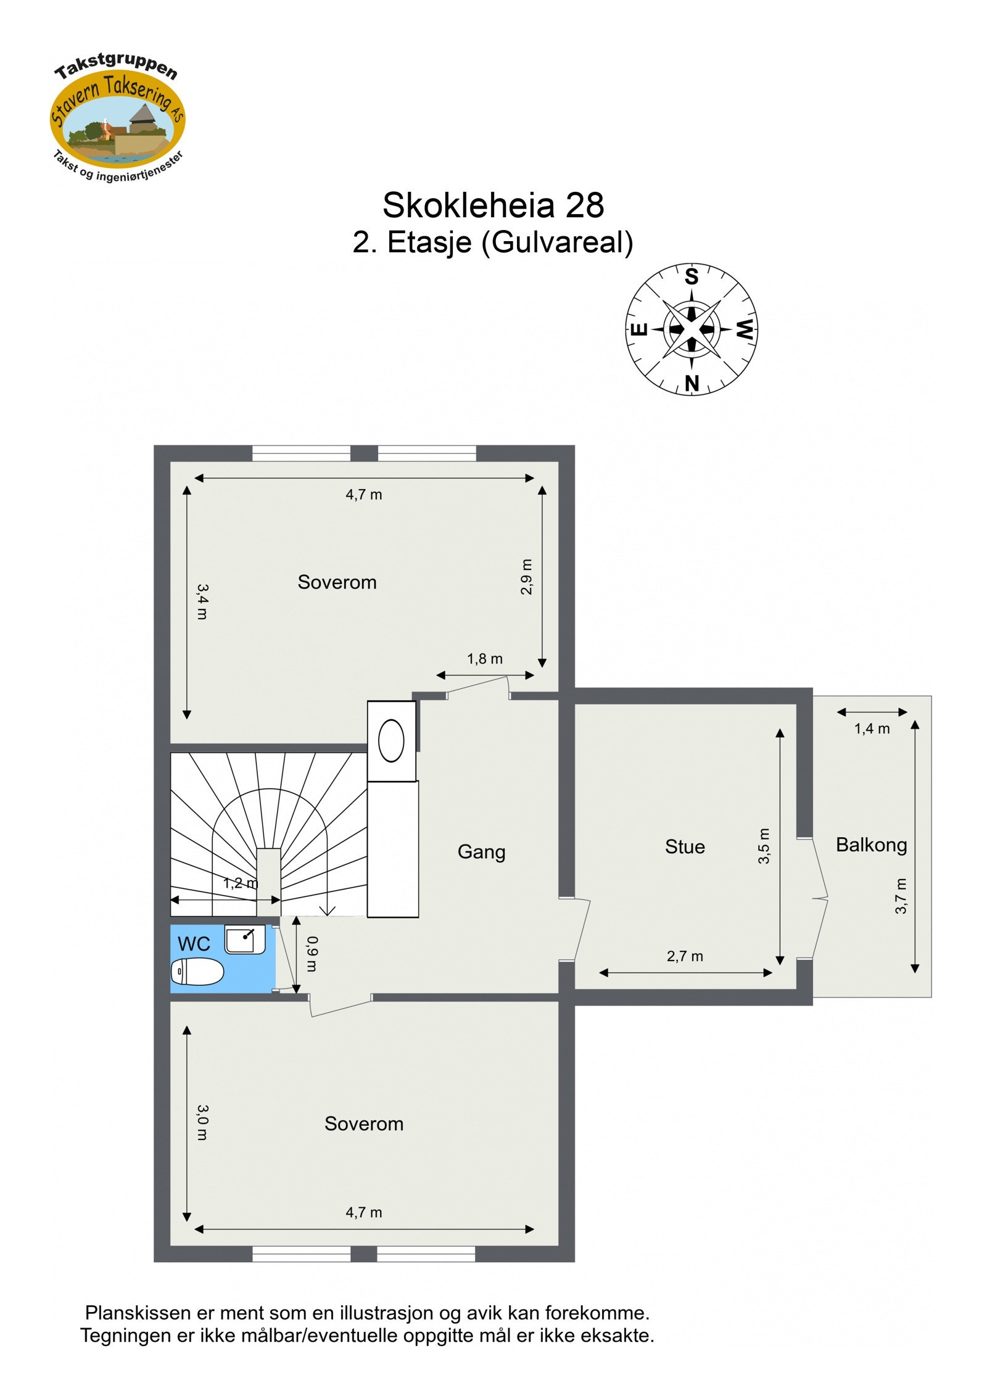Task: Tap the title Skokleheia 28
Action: tap(492, 205)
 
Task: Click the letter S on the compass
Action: tap(692, 276)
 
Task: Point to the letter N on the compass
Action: tap(692, 383)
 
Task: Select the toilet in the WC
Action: tap(197, 972)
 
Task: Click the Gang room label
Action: tap(481, 852)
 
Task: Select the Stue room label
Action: tap(685, 846)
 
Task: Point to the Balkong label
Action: tap(871, 845)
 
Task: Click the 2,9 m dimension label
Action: tap(526, 577)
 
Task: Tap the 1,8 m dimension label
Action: tap(485, 659)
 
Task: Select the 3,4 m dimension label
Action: tap(202, 601)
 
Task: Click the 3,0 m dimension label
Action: tap(202, 1122)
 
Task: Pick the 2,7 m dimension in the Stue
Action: tap(685, 956)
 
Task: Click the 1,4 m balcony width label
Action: tap(872, 729)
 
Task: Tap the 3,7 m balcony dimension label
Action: tap(901, 896)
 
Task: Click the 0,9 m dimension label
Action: tap(312, 954)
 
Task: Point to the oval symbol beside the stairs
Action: tap(391, 740)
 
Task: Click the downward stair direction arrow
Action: tap(327, 911)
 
